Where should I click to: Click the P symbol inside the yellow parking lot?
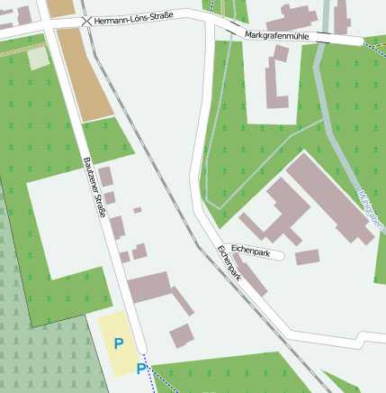[118, 343]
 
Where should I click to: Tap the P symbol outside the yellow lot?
[140, 369]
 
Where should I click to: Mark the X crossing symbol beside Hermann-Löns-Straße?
[85, 20]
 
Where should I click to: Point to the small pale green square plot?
[38, 58]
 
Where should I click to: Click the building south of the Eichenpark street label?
[307, 258]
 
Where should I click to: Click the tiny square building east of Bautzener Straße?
[138, 210]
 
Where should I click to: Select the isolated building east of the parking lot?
[183, 335]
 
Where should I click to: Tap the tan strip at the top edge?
[60, 8]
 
